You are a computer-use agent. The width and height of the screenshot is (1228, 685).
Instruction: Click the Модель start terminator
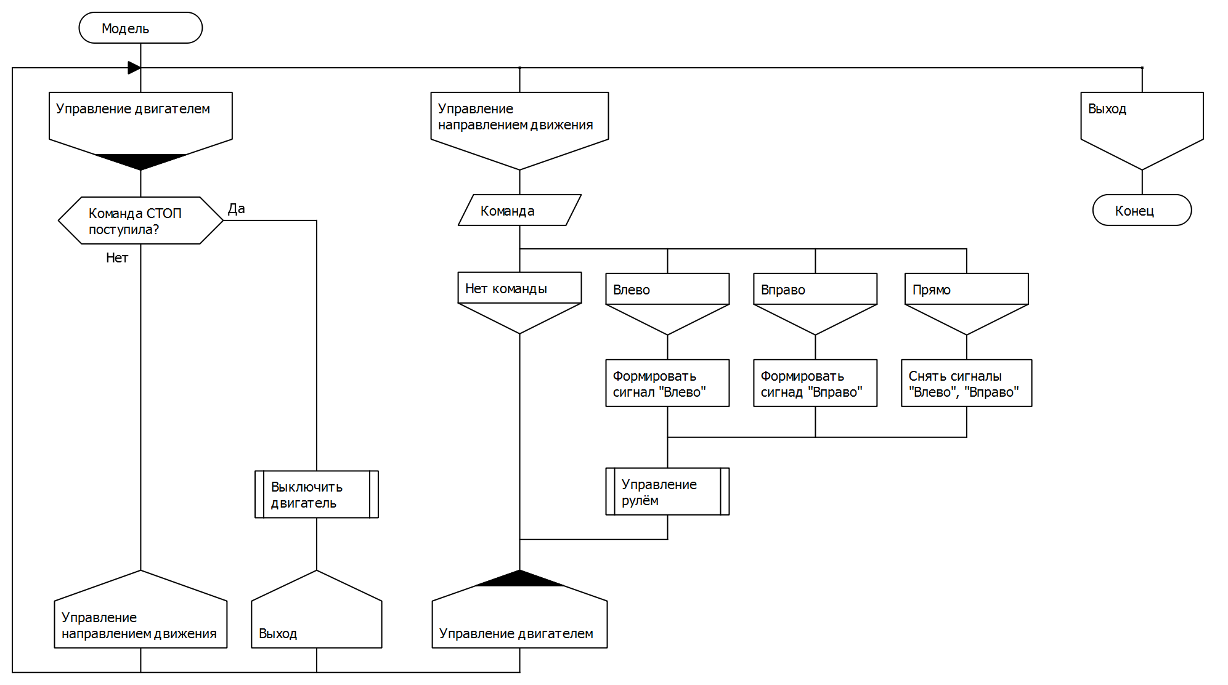click(x=140, y=28)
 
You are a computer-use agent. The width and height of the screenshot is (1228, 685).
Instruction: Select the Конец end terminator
click(x=1142, y=211)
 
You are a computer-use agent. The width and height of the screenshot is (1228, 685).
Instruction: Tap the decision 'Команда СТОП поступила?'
click(x=140, y=221)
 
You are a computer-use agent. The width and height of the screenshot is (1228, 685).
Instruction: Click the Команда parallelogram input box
click(x=519, y=211)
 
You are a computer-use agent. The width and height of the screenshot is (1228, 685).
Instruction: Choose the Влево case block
click(x=667, y=302)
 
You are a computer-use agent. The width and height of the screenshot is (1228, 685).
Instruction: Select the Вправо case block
click(x=815, y=302)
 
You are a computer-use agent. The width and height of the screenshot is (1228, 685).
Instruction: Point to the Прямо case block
click(x=966, y=302)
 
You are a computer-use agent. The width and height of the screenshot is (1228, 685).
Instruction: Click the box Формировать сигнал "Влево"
click(x=667, y=383)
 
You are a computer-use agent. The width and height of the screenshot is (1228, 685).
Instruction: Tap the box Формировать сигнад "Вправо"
click(x=815, y=383)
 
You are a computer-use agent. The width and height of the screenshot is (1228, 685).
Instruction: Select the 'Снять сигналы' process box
click(x=966, y=383)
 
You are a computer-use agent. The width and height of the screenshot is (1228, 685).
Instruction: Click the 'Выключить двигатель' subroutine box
click(x=316, y=495)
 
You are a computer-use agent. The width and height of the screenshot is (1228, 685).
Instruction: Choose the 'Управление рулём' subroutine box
click(x=667, y=492)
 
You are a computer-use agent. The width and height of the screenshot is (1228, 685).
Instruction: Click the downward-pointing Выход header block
click(x=1142, y=126)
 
